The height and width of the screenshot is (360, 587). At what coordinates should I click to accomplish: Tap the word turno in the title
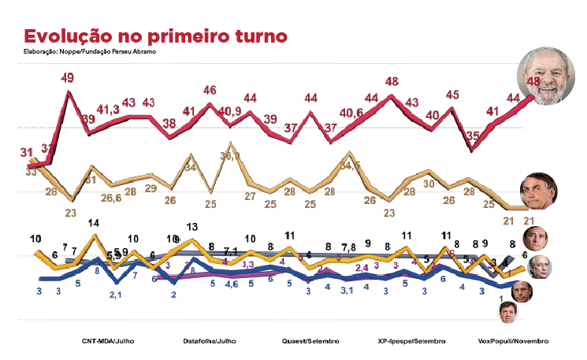pyautogui.click(x=252, y=37)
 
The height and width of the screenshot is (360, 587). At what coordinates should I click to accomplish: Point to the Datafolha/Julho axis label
pyautogui.click(x=210, y=341)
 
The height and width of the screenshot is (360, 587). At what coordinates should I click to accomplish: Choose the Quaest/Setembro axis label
pyautogui.click(x=310, y=341)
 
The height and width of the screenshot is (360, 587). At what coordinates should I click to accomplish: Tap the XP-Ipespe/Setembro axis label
pyautogui.click(x=411, y=341)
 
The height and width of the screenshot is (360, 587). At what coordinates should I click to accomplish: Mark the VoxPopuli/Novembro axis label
pyautogui.click(x=513, y=341)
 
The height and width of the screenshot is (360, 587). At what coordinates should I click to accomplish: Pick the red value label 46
pyautogui.click(x=210, y=90)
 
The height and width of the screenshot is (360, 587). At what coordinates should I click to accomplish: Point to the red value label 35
pyautogui.click(x=473, y=135)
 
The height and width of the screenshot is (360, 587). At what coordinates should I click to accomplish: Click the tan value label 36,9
pyautogui.click(x=229, y=156)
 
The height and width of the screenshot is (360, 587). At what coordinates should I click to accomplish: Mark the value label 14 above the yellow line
pyautogui.click(x=94, y=223)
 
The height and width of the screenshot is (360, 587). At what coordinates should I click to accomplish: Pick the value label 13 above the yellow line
pyautogui.click(x=191, y=227)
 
